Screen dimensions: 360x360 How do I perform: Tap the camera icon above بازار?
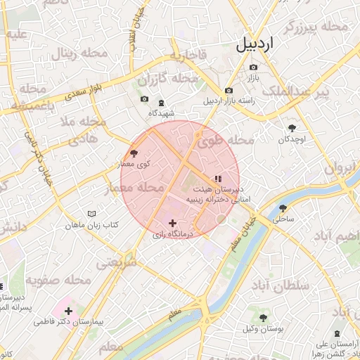point(253,67)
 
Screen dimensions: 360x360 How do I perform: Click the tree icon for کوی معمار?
point(134,153)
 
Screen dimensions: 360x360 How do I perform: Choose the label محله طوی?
point(225,140)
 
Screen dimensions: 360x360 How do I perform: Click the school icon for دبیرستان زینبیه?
point(217,179)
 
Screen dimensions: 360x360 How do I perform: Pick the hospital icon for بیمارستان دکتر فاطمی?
point(68,309)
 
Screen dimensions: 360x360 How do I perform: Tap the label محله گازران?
point(161,78)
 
